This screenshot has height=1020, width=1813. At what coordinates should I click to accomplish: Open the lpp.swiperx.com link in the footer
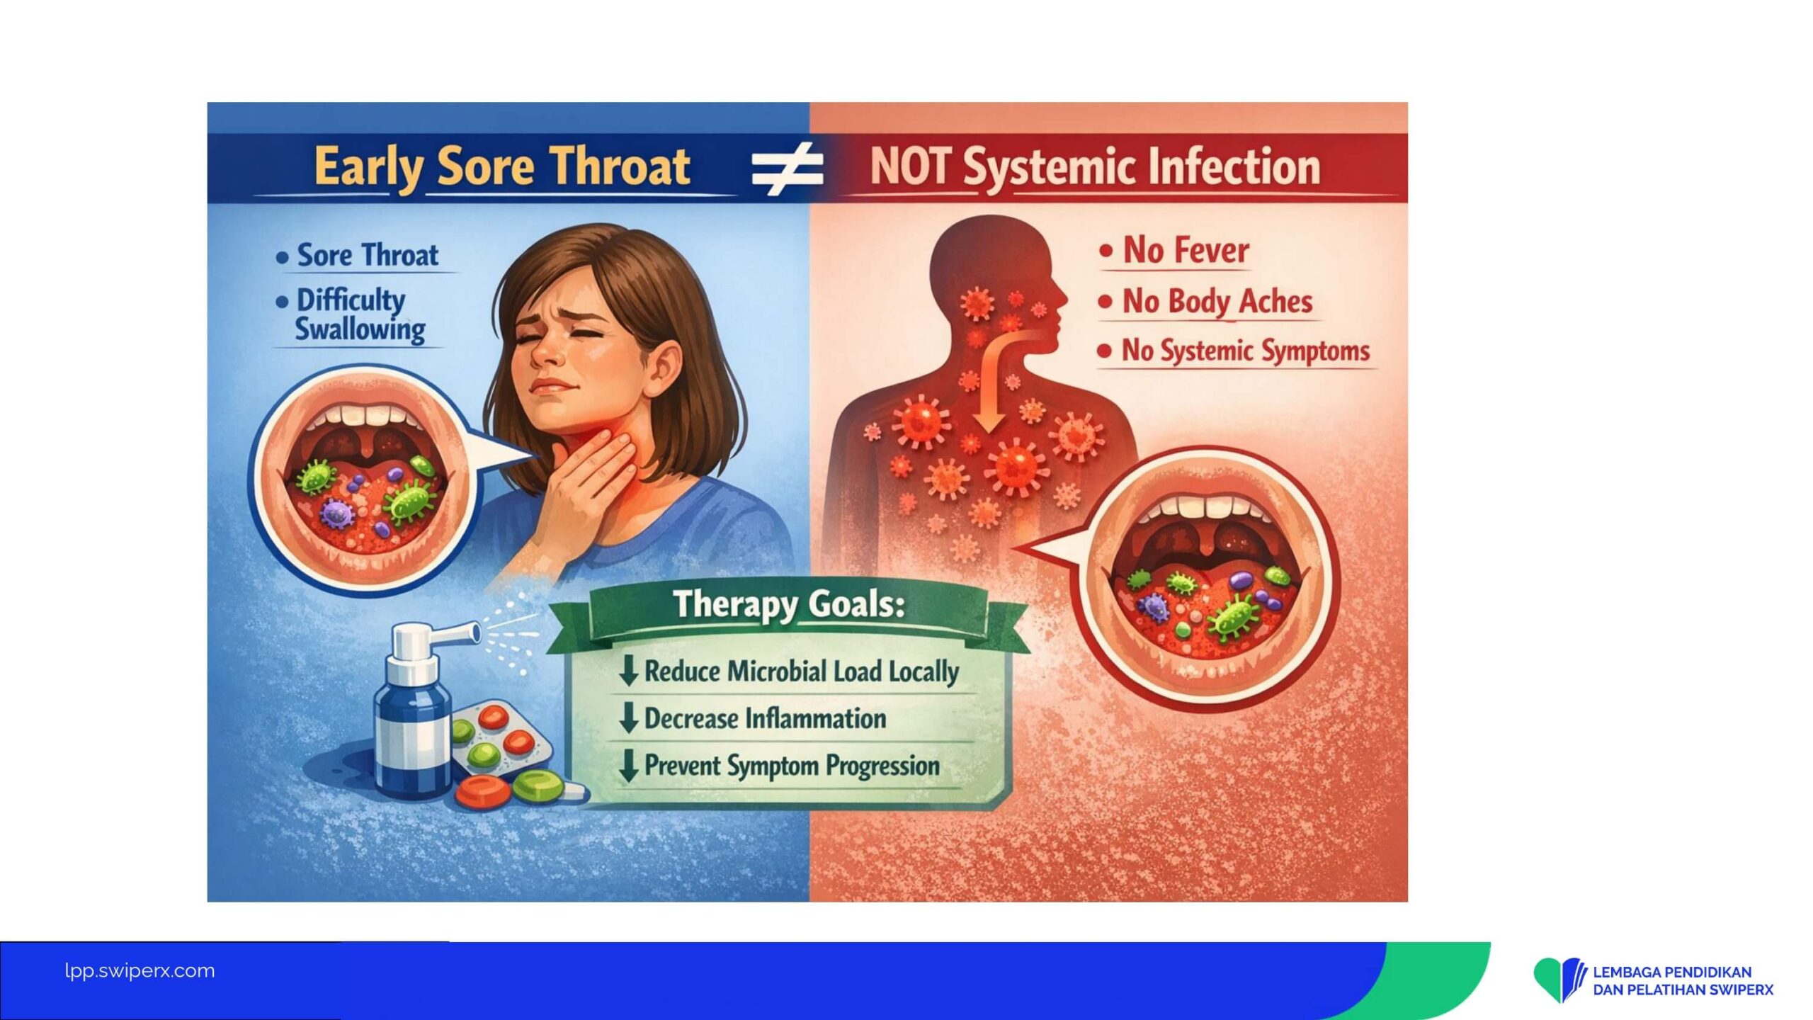coord(140,970)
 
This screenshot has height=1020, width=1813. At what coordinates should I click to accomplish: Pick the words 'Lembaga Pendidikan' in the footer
coord(1672,972)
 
